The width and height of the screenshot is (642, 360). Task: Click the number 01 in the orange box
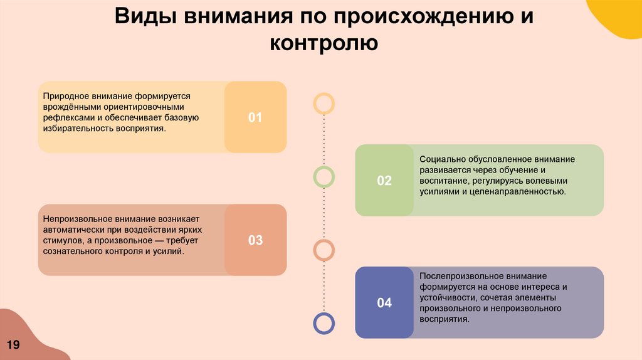coord(255,117)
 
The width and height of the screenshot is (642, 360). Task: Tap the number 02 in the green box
coord(384,181)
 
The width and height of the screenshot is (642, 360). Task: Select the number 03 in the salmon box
coord(255,240)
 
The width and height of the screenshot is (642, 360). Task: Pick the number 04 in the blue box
coord(384,303)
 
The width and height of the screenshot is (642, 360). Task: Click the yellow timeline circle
coord(324,103)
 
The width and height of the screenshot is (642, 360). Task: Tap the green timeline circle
coord(324,177)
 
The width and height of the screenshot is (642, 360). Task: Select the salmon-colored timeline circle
coord(324,250)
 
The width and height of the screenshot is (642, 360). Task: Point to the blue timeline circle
coord(324,324)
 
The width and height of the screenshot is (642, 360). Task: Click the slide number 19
coord(13,345)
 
